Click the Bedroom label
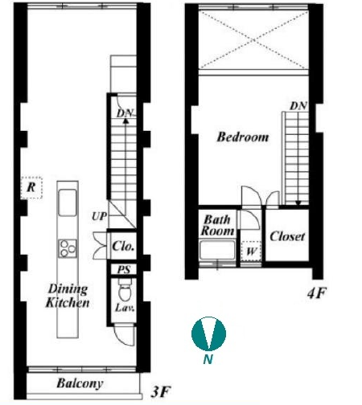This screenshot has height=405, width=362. (243, 137)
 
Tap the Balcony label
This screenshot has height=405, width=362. (80, 383)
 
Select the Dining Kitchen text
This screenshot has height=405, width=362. (68, 296)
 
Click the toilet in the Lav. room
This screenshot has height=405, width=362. (124, 290)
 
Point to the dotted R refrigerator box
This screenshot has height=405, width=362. (31, 187)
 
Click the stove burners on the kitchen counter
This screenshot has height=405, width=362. (68, 248)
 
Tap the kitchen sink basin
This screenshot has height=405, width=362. (68, 202)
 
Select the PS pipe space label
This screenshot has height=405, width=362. (124, 269)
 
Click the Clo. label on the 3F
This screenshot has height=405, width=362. (123, 246)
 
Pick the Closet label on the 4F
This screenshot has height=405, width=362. (287, 236)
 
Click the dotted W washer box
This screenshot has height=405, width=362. (251, 252)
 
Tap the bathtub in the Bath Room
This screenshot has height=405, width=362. (217, 250)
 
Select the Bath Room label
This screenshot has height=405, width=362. (217, 225)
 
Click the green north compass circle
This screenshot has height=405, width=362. (208, 333)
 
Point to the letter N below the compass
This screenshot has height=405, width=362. (208, 359)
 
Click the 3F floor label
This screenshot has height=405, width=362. (161, 392)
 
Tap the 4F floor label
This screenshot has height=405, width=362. (316, 293)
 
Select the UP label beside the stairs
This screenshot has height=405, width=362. (99, 216)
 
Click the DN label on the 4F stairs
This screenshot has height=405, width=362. (298, 106)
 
